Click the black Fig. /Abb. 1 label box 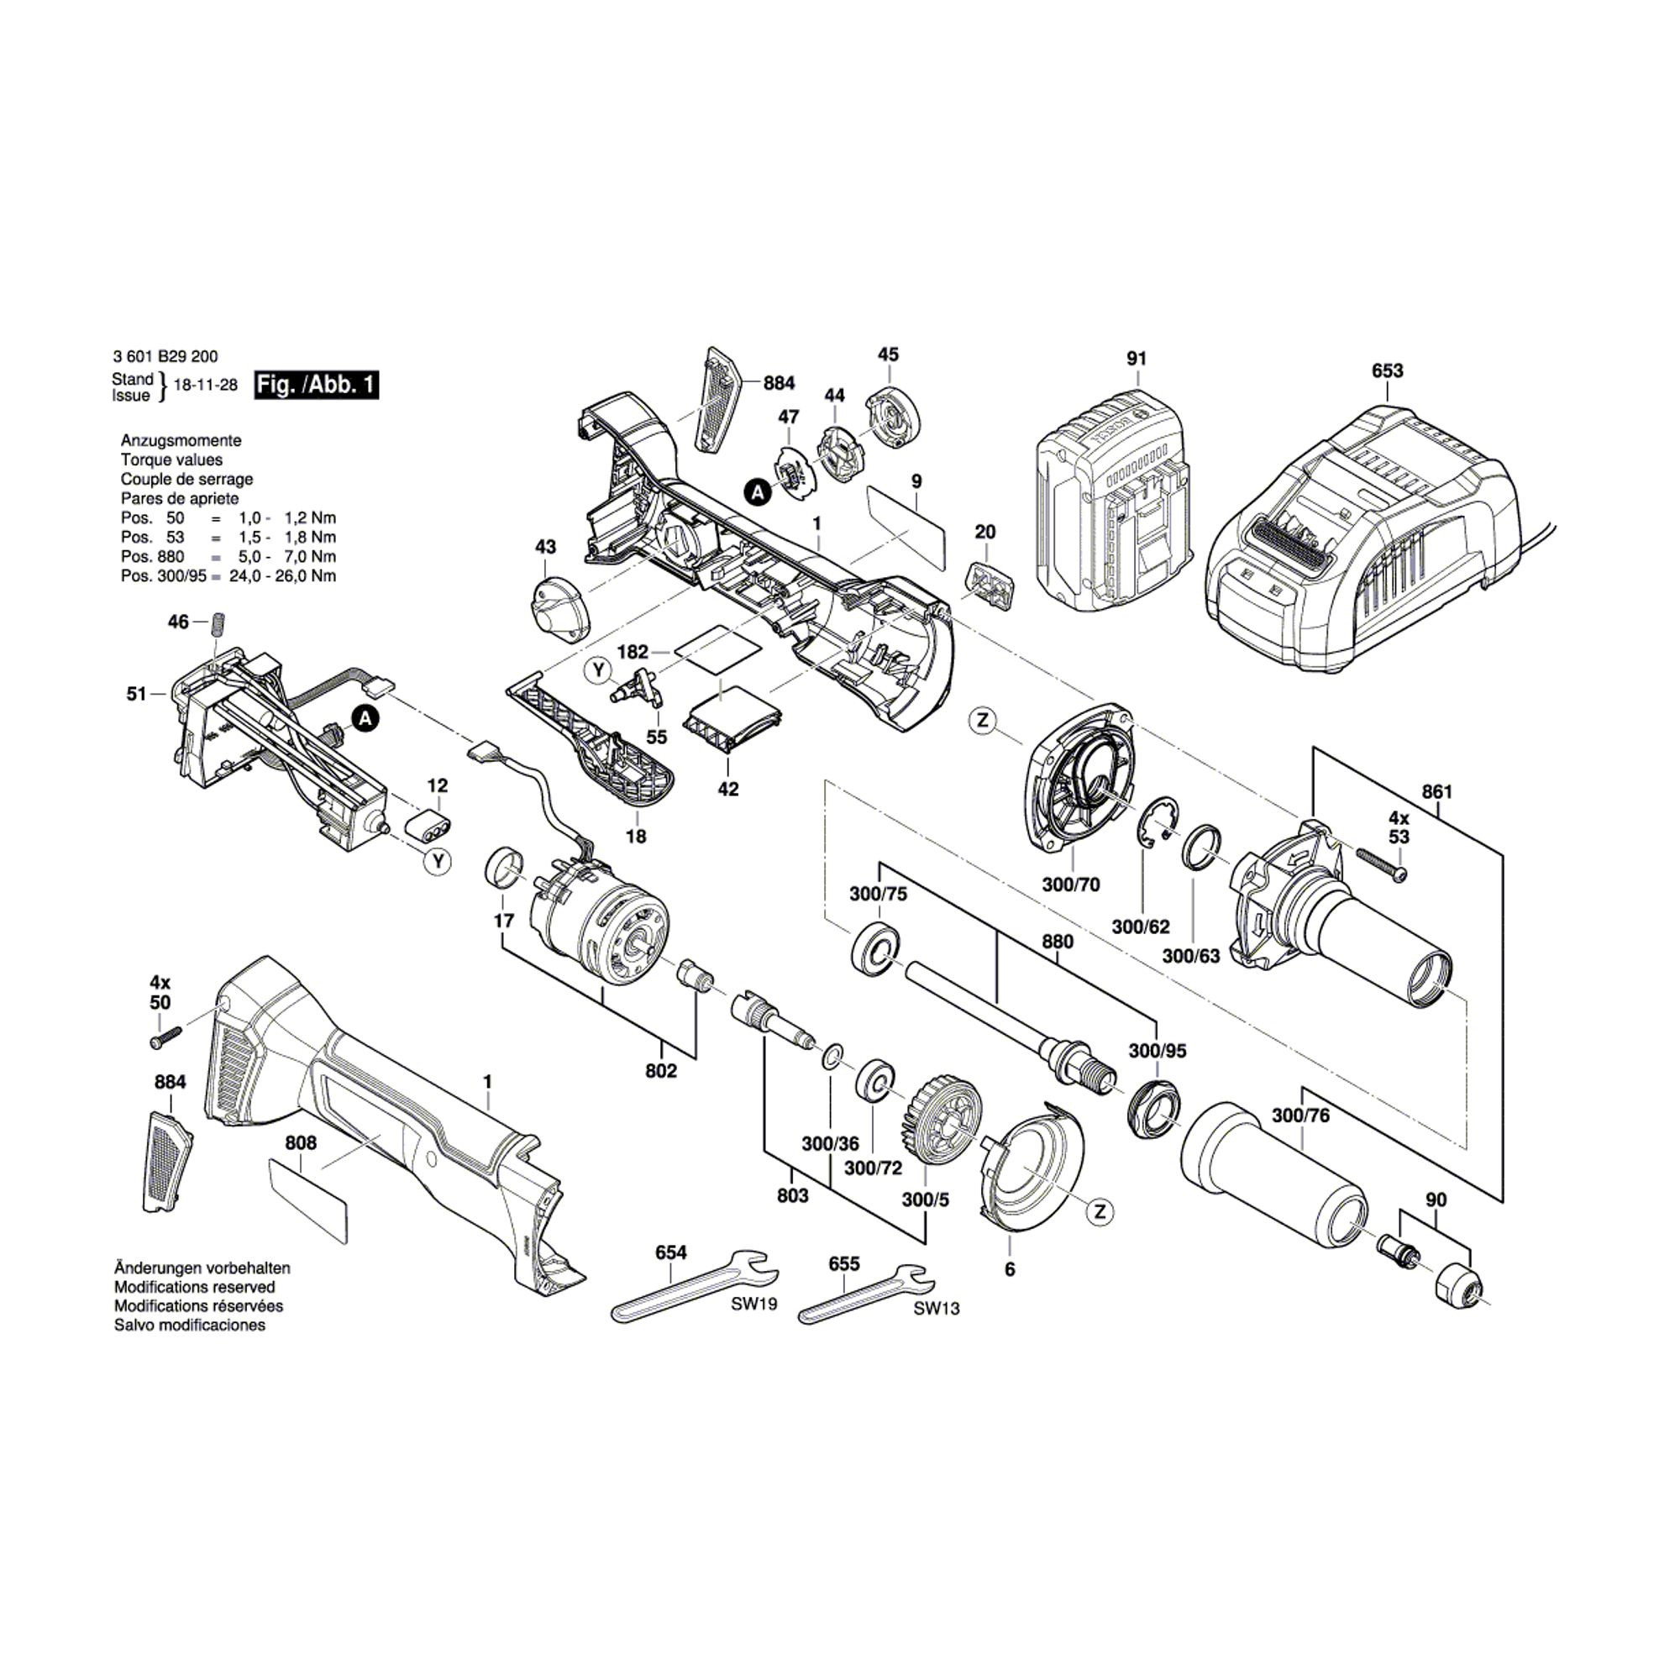coord(316,385)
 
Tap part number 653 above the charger coord(1387,370)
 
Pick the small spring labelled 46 coord(219,623)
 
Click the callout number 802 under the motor coord(661,1070)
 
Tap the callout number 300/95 coord(1158,1051)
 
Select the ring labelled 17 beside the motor coord(504,869)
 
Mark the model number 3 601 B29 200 coord(165,356)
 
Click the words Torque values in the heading coord(171,460)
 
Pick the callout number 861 coord(1436,792)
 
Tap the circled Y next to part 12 coord(438,862)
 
